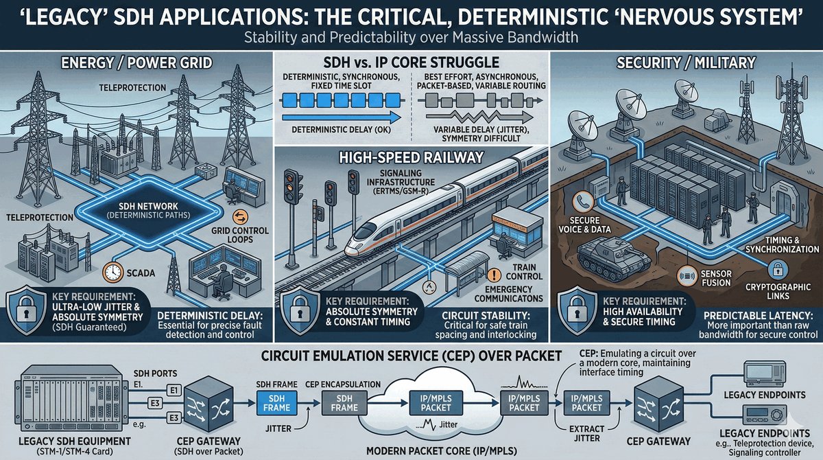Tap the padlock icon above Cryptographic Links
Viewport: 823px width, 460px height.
point(778,269)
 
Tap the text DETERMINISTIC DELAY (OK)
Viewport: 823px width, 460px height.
point(338,128)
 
